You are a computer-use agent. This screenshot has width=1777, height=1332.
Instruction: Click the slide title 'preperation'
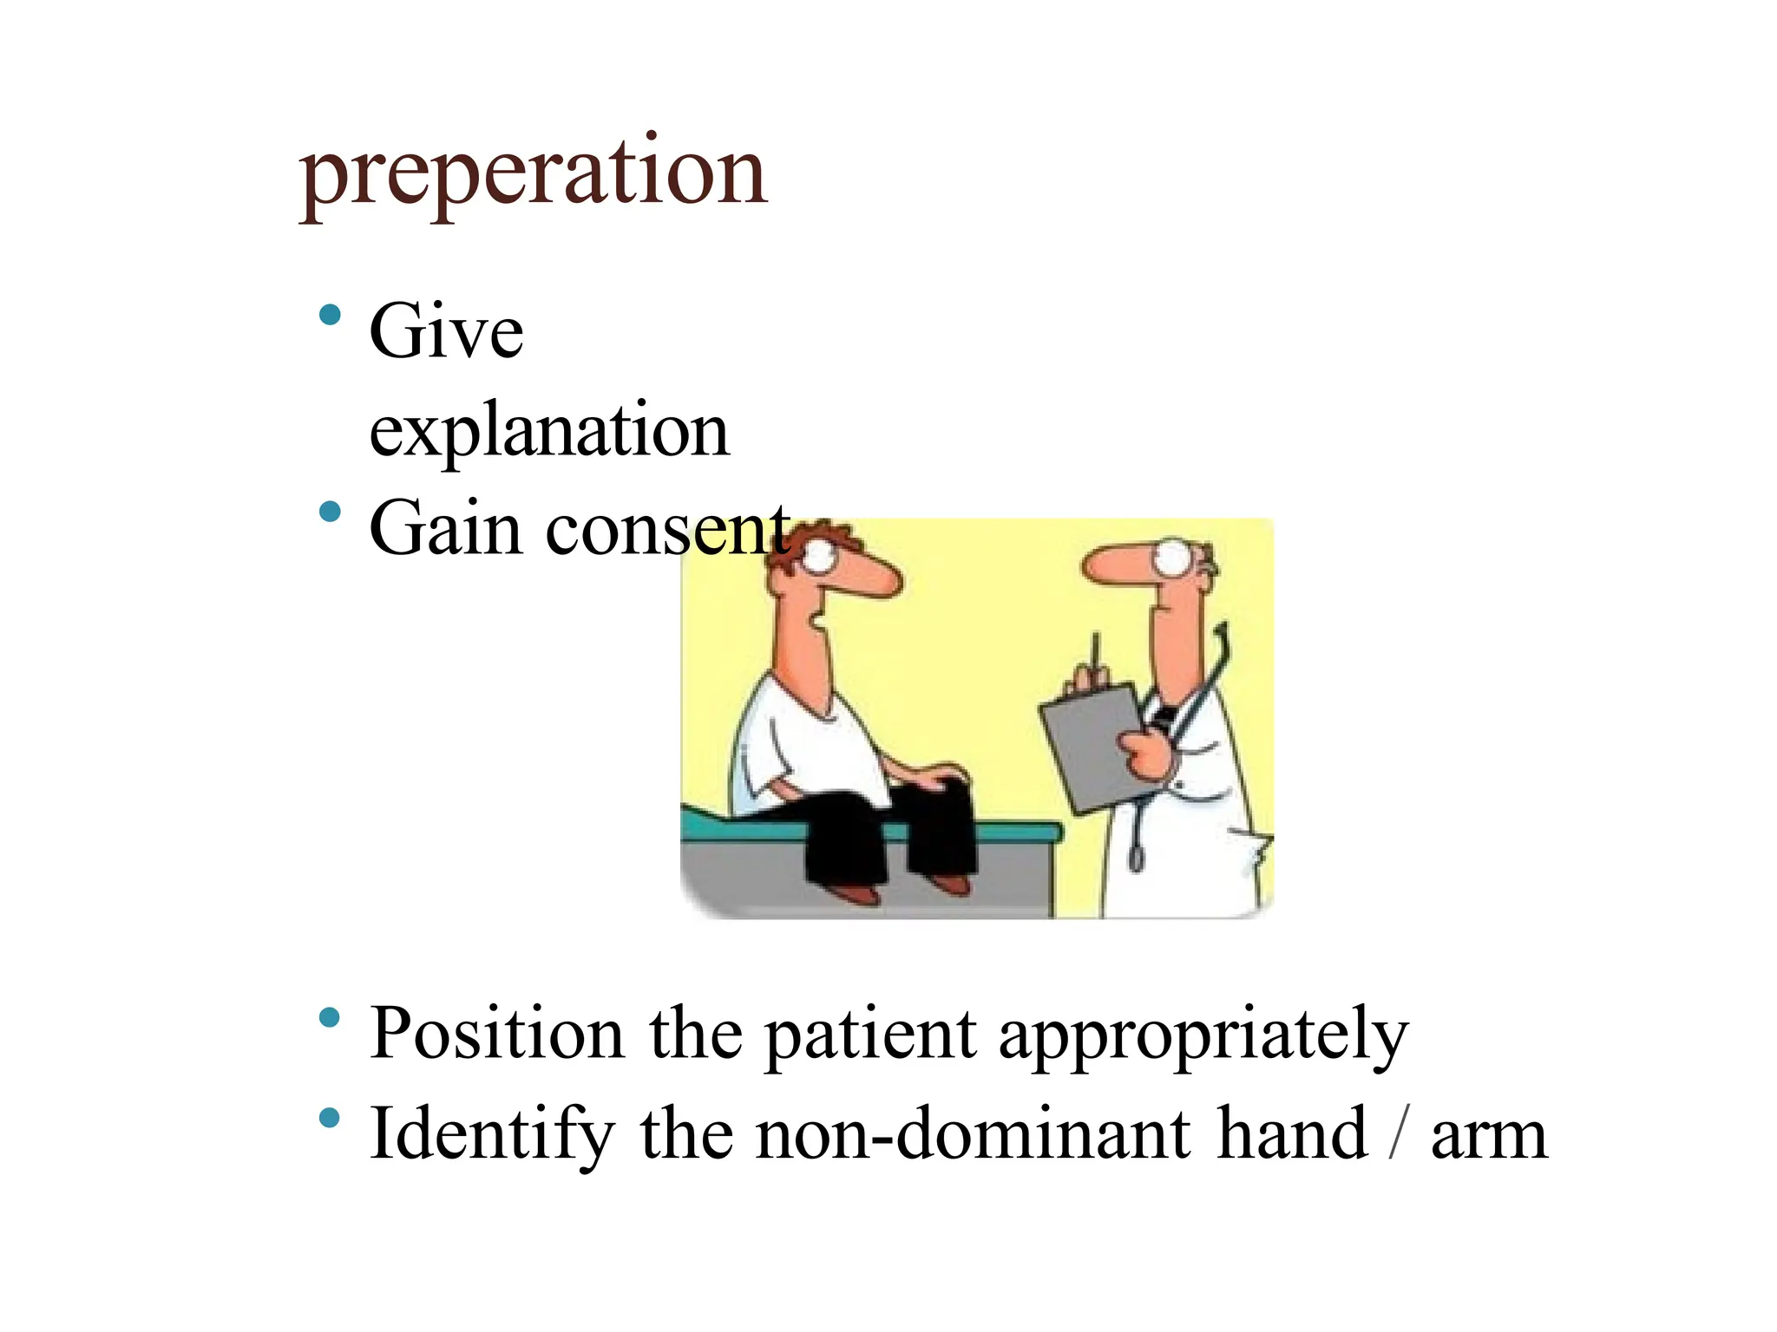tap(533, 173)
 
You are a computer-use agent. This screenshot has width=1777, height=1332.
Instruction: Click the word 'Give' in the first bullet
tap(446, 331)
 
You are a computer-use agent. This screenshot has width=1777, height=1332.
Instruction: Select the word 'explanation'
tap(548, 430)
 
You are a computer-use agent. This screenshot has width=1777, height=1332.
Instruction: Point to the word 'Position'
tap(496, 1034)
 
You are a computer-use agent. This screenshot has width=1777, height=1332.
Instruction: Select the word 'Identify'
tap(491, 1134)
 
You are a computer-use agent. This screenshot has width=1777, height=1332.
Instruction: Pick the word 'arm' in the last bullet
tap(1489, 1136)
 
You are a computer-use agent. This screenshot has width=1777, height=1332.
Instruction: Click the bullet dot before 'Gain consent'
tap(330, 512)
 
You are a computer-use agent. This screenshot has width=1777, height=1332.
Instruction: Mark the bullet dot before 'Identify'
tap(330, 1119)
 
